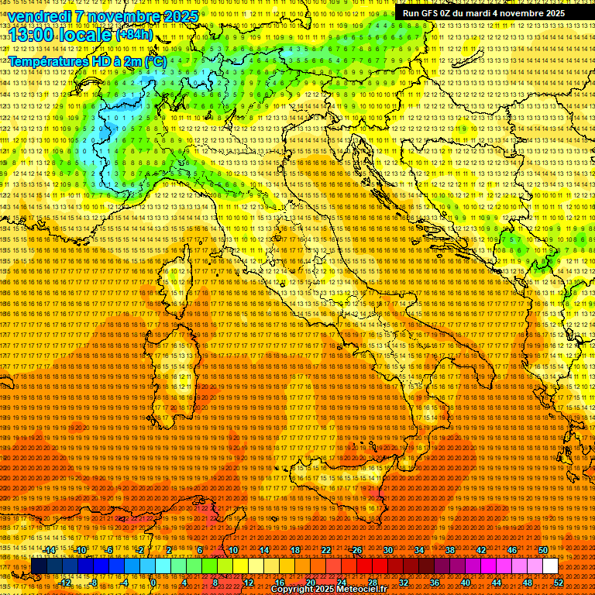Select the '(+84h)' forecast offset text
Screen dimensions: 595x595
[133, 34]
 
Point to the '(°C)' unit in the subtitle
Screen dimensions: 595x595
[155, 60]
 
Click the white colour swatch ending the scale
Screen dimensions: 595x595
[550, 566]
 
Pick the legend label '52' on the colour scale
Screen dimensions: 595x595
[559, 583]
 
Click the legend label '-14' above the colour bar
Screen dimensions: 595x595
[50, 550]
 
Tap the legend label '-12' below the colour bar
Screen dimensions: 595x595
[65, 583]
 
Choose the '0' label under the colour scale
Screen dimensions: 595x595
[153, 583]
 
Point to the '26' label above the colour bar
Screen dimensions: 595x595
[356, 550]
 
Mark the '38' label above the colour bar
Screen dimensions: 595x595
[450, 550]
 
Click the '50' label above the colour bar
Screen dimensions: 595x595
[543, 550]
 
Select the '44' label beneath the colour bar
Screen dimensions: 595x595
[497, 583]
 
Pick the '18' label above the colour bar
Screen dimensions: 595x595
[294, 550]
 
